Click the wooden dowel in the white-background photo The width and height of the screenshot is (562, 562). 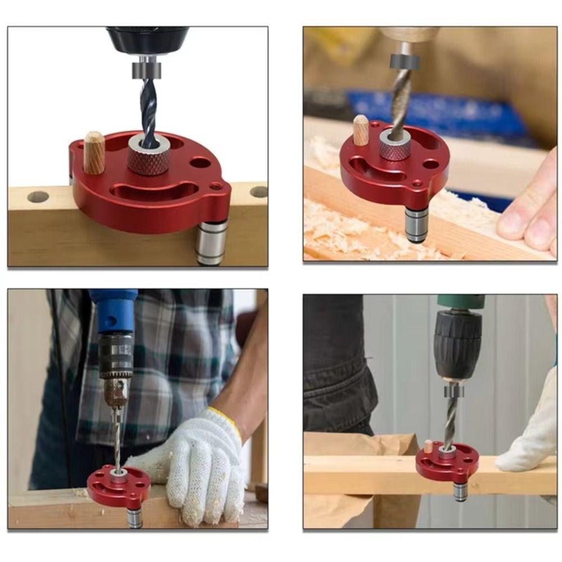pos(94,152)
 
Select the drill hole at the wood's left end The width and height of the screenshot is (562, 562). pos(38,197)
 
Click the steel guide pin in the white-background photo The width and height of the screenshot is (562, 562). pos(211,242)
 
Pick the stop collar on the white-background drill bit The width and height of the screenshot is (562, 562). pos(146,70)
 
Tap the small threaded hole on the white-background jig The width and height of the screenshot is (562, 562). pos(215,186)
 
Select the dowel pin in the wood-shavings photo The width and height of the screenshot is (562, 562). pos(361,130)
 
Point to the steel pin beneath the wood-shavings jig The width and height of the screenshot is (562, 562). pos(416,225)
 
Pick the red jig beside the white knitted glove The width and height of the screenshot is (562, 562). pos(119,486)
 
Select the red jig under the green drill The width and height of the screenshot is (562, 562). pos(447,464)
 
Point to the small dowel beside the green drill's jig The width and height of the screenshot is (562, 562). pos(428,447)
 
